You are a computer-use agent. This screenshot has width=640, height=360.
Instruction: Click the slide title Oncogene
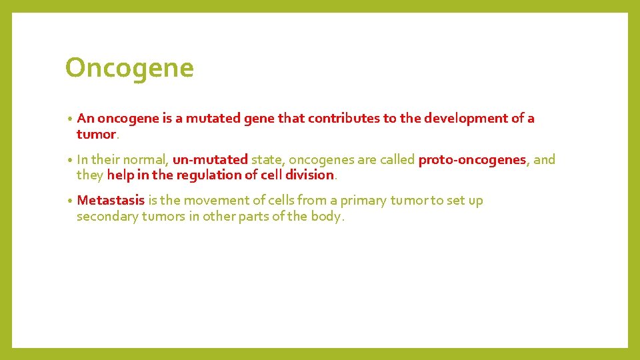(x=129, y=68)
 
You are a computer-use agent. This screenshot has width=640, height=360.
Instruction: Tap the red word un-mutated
(x=210, y=159)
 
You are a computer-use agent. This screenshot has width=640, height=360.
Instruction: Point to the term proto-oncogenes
(x=472, y=159)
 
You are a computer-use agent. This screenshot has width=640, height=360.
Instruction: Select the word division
(x=310, y=175)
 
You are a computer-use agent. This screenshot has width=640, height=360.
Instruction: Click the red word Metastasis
(x=111, y=201)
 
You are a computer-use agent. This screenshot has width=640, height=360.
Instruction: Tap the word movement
(x=215, y=201)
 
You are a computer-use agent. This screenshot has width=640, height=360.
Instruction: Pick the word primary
(x=364, y=201)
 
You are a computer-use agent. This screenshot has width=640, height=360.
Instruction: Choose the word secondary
(x=107, y=216)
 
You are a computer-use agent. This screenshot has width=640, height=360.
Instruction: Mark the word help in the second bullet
(x=120, y=175)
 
